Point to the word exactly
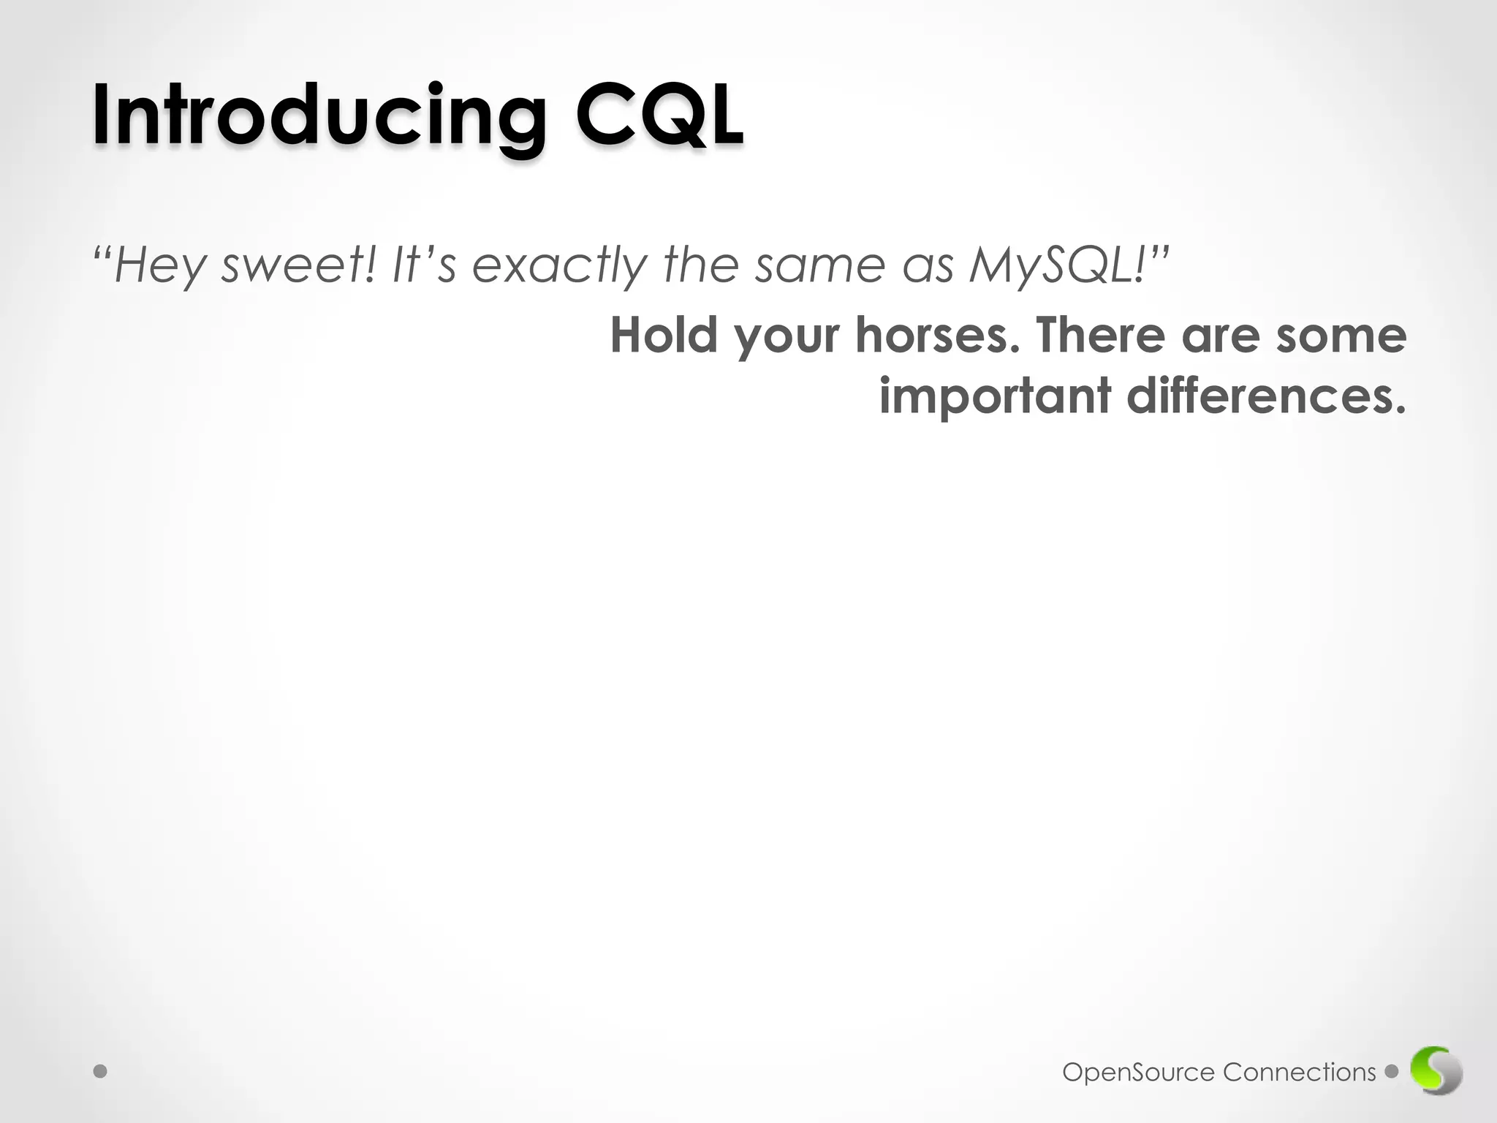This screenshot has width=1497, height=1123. (x=559, y=266)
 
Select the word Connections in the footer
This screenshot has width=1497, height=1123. (x=1299, y=1073)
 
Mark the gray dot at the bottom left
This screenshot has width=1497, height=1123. (x=101, y=1072)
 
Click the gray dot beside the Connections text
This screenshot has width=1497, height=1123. (x=1392, y=1072)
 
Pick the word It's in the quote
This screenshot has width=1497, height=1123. (x=424, y=265)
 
